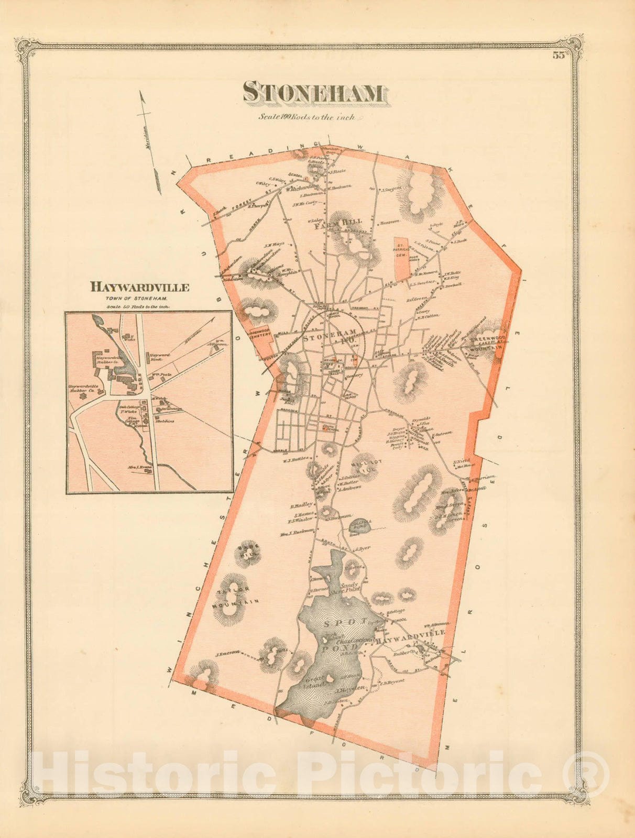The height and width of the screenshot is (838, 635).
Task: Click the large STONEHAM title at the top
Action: click(x=313, y=93)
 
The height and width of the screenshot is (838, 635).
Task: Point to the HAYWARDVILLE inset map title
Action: click(x=139, y=287)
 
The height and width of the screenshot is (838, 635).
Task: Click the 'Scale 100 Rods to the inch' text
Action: click(x=307, y=117)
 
